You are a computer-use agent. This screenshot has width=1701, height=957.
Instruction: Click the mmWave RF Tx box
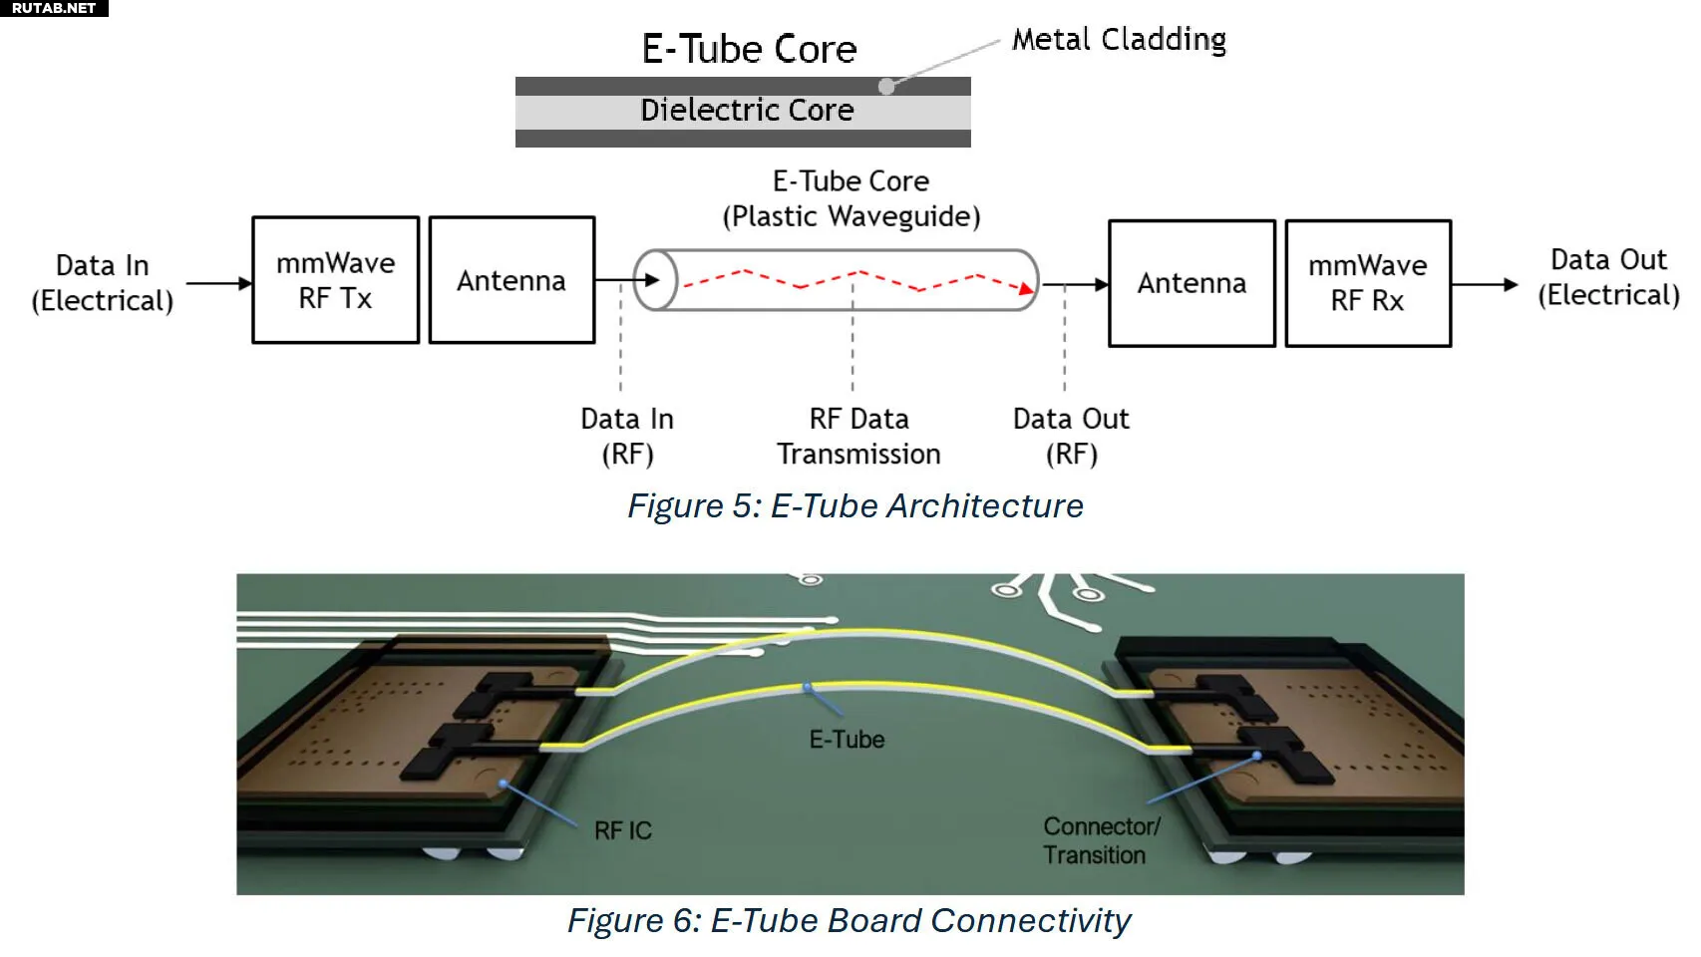tap(335, 280)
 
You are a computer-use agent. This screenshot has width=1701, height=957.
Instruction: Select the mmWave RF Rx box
tap(1368, 283)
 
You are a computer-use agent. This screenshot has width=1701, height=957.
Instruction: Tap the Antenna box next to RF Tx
tap(511, 280)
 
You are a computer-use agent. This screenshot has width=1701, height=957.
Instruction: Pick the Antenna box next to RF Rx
tap(1191, 283)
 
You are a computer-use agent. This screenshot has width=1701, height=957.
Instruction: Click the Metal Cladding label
tap(1119, 40)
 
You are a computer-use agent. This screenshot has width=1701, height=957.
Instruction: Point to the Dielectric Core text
tap(747, 110)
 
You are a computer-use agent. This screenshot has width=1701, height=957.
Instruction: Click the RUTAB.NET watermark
tap(54, 8)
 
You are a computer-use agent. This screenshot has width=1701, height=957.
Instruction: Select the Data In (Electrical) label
tap(102, 283)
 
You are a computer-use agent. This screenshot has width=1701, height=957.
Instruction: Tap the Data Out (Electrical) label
tap(1608, 277)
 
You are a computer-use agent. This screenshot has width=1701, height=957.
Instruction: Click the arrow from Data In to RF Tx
tap(219, 283)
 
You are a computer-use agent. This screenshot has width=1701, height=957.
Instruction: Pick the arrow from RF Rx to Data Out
tap(1485, 284)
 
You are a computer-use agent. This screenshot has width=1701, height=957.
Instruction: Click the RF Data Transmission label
tap(858, 437)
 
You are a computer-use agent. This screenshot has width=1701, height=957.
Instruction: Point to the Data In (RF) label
tap(627, 437)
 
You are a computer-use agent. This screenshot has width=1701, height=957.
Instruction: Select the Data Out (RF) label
tap(1071, 437)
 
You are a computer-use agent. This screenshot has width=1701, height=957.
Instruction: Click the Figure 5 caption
tap(854, 506)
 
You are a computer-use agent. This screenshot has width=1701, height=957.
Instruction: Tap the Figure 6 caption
tap(849, 921)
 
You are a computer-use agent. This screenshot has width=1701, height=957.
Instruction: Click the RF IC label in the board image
tap(622, 830)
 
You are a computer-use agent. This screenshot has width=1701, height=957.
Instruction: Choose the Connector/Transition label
tap(1101, 840)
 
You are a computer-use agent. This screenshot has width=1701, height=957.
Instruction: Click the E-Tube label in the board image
tap(847, 740)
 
